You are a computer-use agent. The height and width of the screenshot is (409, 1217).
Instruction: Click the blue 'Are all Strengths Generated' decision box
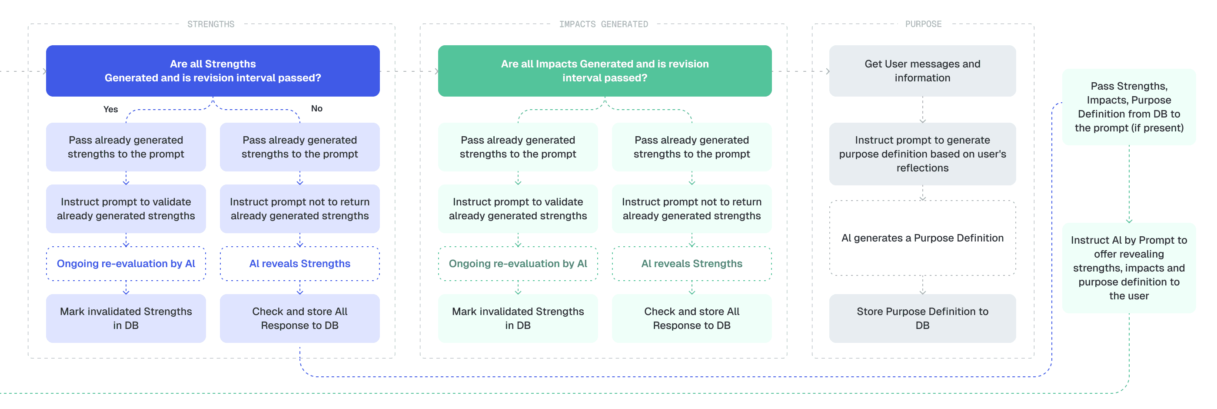point(213,71)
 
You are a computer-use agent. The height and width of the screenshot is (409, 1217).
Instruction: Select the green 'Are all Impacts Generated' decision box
point(604,71)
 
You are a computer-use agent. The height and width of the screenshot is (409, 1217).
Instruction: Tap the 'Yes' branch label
point(110,109)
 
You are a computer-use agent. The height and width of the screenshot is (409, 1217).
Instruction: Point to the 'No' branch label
point(316,108)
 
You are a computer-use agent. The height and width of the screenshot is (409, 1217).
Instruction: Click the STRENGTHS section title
point(211,24)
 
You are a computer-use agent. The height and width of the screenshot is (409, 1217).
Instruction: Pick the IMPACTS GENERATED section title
point(603,24)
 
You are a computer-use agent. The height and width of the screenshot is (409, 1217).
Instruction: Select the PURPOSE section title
point(923,24)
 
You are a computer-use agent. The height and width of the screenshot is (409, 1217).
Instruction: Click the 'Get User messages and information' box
point(922,71)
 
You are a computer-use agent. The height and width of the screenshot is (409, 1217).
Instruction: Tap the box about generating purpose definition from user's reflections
point(922,154)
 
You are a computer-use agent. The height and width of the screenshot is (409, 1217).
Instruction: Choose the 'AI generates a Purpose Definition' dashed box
point(922,238)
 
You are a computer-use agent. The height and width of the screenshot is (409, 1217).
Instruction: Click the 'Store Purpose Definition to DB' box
point(922,318)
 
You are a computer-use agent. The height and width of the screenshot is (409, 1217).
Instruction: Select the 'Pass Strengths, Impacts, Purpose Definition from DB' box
point(1129,107)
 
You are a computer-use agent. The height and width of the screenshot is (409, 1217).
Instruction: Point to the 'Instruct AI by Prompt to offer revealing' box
point(1129,268)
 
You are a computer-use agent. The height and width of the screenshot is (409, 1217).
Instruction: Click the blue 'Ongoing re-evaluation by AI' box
point(126,263)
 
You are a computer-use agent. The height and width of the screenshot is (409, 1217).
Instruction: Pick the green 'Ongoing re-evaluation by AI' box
point(518,263)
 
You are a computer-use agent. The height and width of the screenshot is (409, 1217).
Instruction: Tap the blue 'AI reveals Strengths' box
point(299,263)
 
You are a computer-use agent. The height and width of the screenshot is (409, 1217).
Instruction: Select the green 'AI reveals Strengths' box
point(692,263)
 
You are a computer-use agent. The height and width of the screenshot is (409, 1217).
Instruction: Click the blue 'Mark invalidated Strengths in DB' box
point(126,318)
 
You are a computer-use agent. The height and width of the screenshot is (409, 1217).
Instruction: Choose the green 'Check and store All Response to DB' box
point(692,318)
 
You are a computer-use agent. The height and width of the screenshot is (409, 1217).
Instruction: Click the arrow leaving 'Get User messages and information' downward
point(922,110)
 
